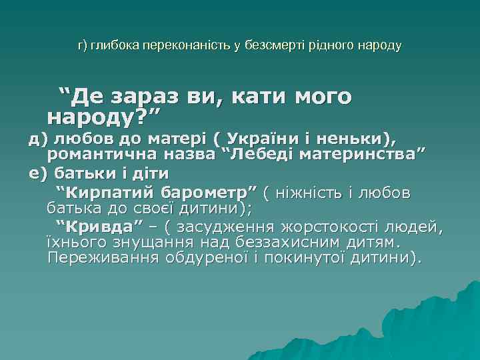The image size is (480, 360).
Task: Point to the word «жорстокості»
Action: [x=333, y=225]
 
